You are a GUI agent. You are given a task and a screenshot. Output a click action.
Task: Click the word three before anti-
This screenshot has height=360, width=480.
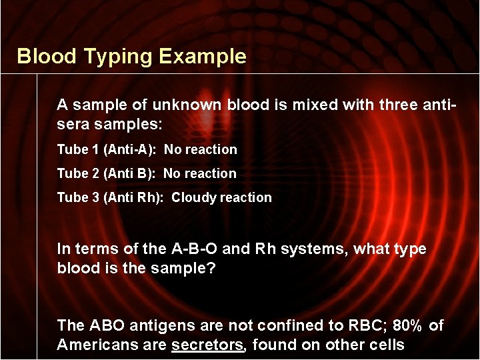pyautogui.click(x=403, y=105)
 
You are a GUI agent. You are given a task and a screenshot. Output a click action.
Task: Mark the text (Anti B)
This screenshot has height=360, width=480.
pyautogui.click(x=130, y=173)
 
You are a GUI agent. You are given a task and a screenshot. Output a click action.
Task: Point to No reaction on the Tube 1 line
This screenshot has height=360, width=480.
pyautogui.click(x=201, y=149)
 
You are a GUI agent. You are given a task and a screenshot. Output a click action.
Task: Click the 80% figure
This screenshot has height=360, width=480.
pyautogui.click(x=407, y=325)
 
